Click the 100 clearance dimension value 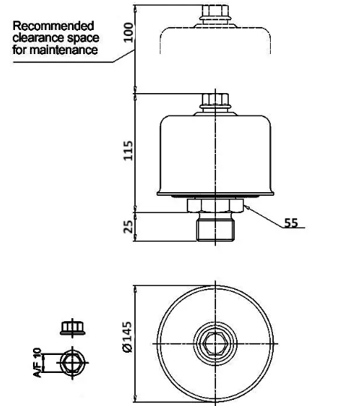[x=128, y=32]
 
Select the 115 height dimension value [x=128, y=151]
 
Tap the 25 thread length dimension [x=128, y=227]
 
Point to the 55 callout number [x=291, y=223]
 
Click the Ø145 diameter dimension [x=127, y=337]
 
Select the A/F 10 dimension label [x=37, y=362]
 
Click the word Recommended [x=53, y=26]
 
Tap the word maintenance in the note [x=64, y=50]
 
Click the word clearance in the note [x=38, y=38]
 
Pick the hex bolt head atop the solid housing [x=215, y=101]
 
